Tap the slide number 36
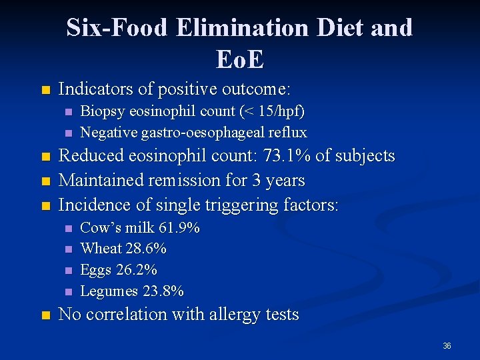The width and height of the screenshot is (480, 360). tap(447, 346)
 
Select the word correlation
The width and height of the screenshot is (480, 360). tap(131, 315)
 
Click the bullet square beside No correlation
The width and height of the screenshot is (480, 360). tap(45, 315)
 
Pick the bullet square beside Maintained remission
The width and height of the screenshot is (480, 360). tap(45, 181)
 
